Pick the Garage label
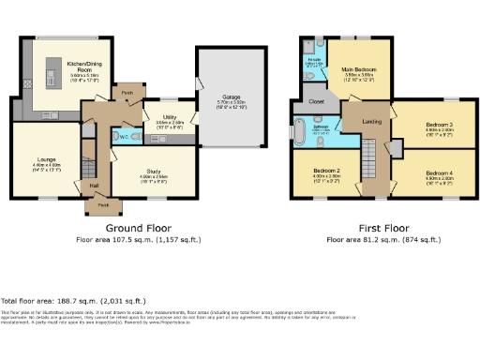[230, 101]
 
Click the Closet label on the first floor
[316, 100]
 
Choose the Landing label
[371, 120]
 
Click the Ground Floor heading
[136, 228]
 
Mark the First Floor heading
[383, 228]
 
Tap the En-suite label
[312, 61]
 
